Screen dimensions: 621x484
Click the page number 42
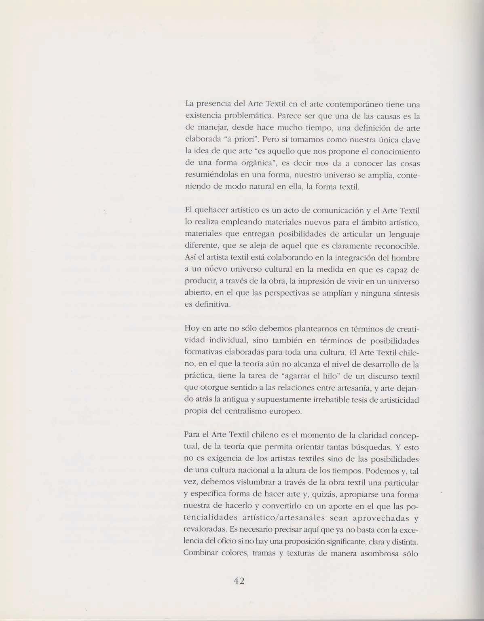pyautogui.click(x=240, y=581)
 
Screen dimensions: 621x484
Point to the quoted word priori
pyautogui.click(x=243, y=140)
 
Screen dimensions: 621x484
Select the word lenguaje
pyautogui.click(x=399, y=234)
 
